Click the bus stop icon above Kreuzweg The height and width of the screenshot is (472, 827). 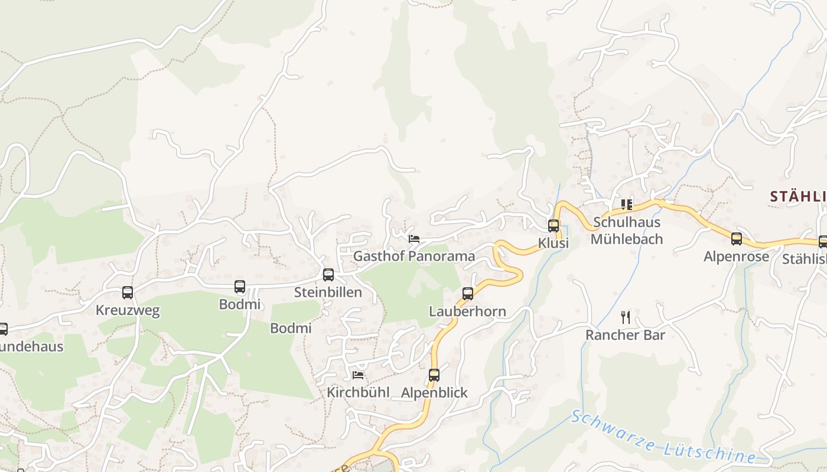(128, 292)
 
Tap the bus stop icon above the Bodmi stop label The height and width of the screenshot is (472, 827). (240, 287)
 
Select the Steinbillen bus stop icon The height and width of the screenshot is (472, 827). (328, 274)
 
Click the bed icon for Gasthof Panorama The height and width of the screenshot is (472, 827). (414, 238)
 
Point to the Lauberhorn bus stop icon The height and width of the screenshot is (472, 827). (468, 293)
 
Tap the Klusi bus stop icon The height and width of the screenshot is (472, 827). (553, 225)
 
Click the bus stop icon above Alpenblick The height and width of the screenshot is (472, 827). (434, 375)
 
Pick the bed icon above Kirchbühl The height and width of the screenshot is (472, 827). (358, 375)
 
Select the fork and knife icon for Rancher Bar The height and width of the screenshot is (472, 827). (626, 317)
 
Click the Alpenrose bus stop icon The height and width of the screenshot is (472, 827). (737, 239)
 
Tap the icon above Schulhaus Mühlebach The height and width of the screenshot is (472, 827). (627, 205)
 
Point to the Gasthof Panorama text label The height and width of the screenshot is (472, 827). (414, 256)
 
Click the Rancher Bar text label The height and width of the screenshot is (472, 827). (626, 335)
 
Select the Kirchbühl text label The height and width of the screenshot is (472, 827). (358, 392)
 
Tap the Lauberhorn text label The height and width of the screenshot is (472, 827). (467, 311)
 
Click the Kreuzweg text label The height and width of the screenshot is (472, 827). (128, 310)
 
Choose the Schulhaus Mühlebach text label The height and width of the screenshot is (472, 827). (627, 231)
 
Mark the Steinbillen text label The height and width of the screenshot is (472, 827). (328, 292)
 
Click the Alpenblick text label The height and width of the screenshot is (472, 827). (434, 392)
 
